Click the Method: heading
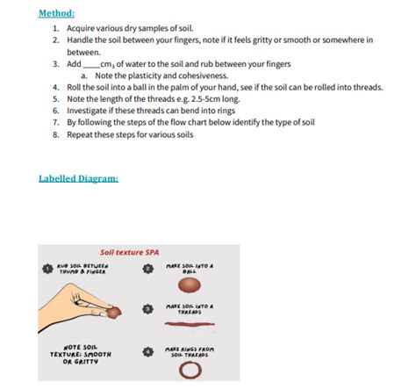pos(57,14)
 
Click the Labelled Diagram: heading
pos(79,178)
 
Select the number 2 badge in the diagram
pos(148,268)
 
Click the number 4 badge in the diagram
pos(148,352)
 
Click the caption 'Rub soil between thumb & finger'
pos(82,269)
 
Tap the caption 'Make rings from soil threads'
pos(190,352)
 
